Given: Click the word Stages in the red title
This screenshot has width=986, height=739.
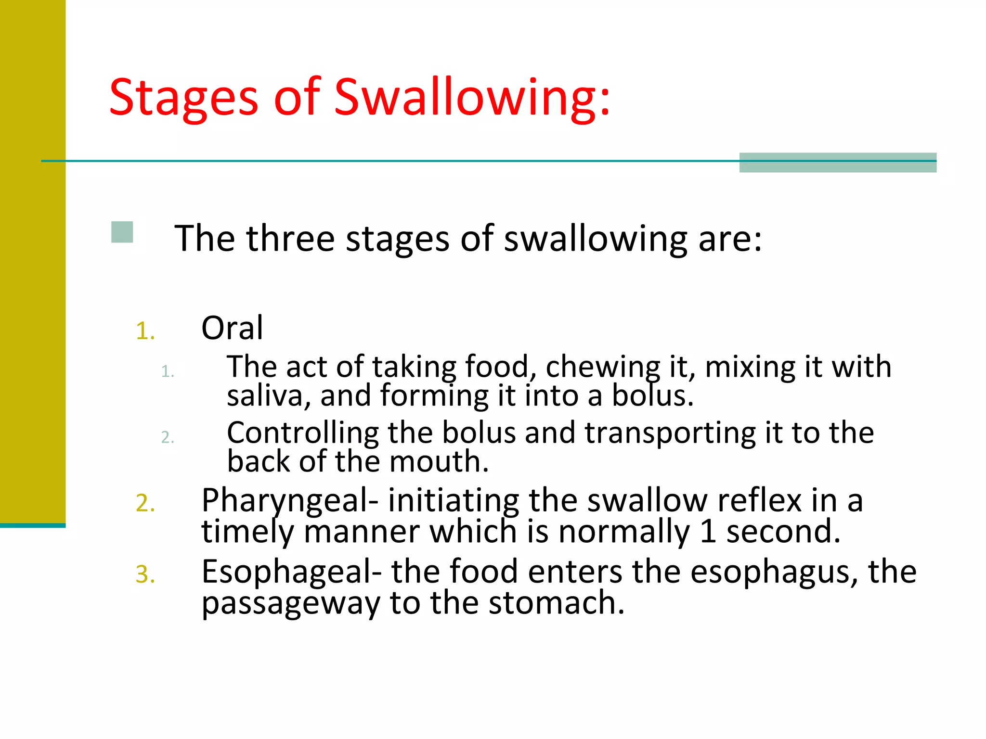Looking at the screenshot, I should point(183,99).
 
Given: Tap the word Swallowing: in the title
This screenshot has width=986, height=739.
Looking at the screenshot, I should point(472,99).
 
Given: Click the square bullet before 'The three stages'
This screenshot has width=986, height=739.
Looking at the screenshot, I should point(122,232).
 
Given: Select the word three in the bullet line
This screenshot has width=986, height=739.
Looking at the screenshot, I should point(290,239).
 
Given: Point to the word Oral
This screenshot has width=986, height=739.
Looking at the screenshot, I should point(232,328).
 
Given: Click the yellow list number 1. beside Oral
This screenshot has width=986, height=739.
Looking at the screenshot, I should point(145,331).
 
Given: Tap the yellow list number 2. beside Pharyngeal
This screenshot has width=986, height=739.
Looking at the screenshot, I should point(145,503).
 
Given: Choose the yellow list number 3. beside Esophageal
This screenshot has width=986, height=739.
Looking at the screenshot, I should point(145,574).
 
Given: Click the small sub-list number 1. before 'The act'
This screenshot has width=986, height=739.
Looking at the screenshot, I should point(167,371).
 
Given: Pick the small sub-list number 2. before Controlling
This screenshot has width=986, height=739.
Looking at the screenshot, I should point(167,437).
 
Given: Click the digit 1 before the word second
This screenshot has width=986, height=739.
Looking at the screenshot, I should point(708,531).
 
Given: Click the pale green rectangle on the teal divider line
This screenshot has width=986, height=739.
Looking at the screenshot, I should point(838,163).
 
